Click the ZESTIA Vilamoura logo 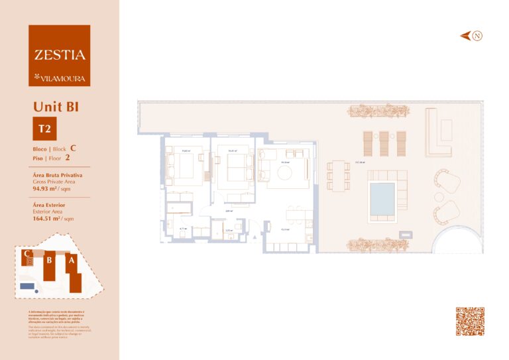[x=59, y=56]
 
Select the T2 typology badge [x=45, y=129]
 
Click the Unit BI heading [x=56, y=106]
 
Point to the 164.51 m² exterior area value [x=48, y=217]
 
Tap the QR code [x=469, y=321]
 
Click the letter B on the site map [x=49, y=261]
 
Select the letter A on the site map [x=70, y=261]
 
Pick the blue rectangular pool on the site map [x=27, y=286]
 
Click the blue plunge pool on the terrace [x=383, y=195]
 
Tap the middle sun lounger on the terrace [x=384, y=144]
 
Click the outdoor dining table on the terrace [x=338, y=176]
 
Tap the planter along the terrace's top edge [x=378, y=111]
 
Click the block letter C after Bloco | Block [x=73, y=149]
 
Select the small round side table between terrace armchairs [x=437, y=196]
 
